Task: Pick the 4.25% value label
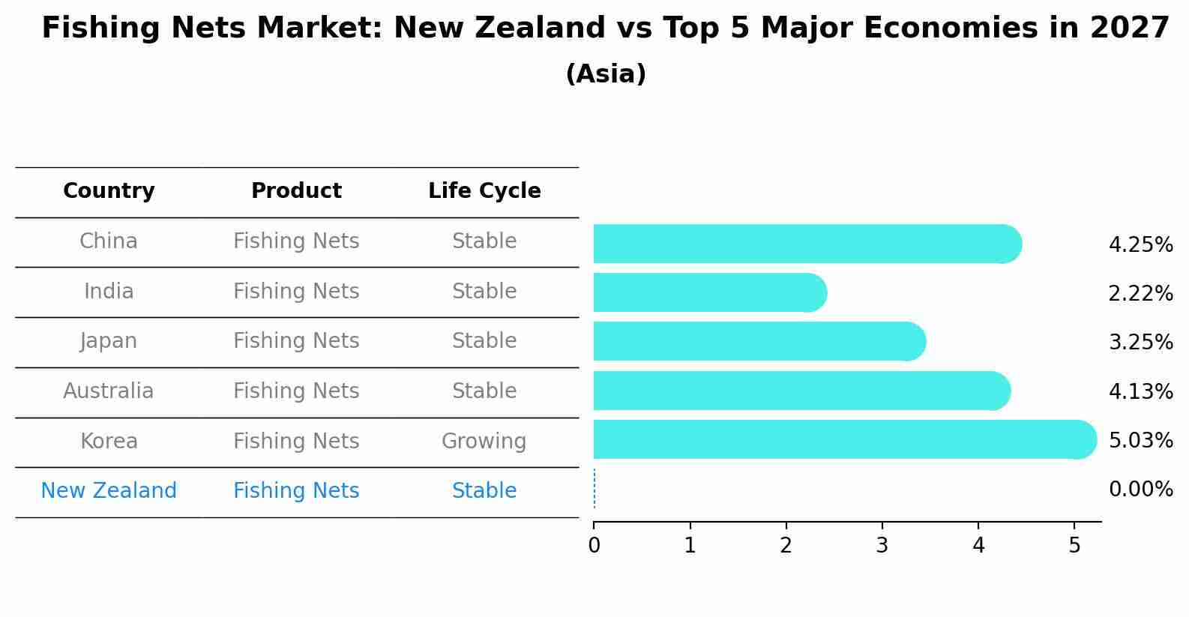point(1140,245)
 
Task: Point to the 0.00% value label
point(1140,490)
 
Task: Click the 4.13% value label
point(1140,391)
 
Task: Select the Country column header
point(109,191)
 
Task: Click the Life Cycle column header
point(484,191)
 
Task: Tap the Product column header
point(296,191)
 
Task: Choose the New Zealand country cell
point(109,491)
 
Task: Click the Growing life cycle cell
point(484,442)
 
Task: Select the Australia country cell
point(109,391)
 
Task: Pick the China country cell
point(109,241)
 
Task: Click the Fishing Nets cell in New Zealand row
point(296,491)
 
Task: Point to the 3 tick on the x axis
point(882,546)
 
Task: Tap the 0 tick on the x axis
point(594,546)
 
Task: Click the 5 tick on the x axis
point(1074,546)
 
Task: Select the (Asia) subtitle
point(606,74)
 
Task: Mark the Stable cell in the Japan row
point(484,341)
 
